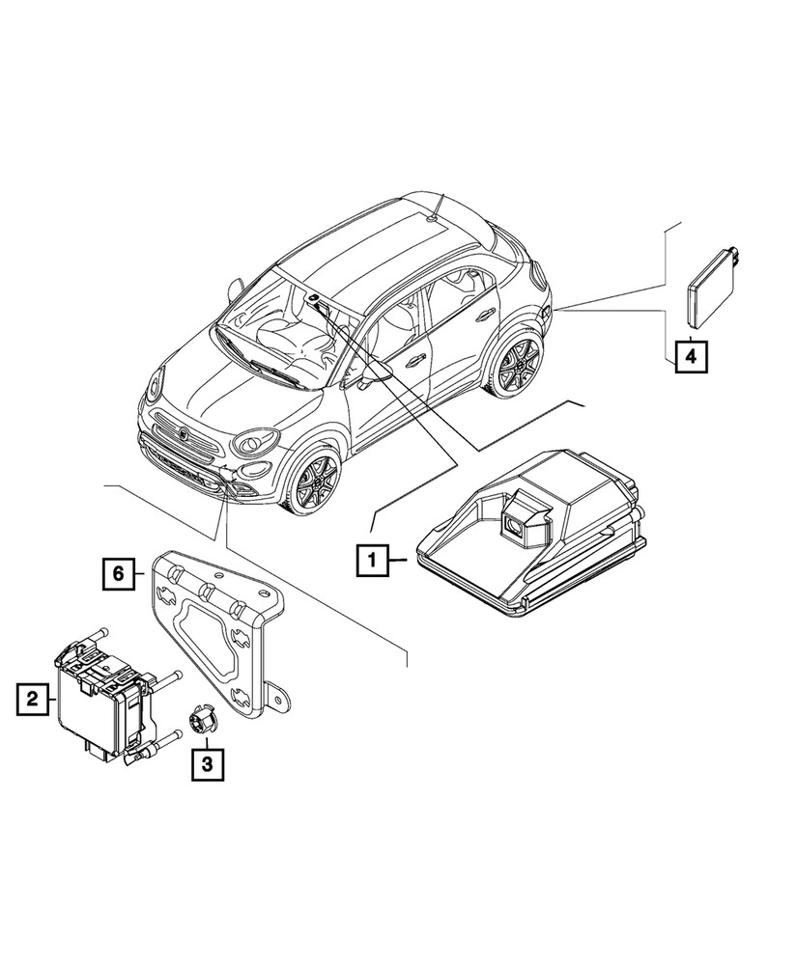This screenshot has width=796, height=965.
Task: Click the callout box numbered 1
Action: (x=371, y=558)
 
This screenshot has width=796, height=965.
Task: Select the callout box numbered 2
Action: (x=33, y=697)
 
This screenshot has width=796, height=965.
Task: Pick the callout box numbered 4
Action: (x=689, y=357)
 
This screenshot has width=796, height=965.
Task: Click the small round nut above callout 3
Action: (x=203, y=718)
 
